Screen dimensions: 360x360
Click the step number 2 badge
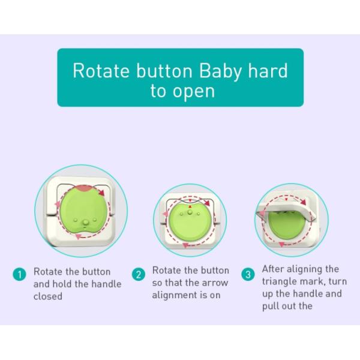coord(139,275)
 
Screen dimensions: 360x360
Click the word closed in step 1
coord(47,296)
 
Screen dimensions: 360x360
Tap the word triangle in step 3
coord(279,281)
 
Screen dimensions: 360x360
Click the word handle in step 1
coord(107,283)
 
